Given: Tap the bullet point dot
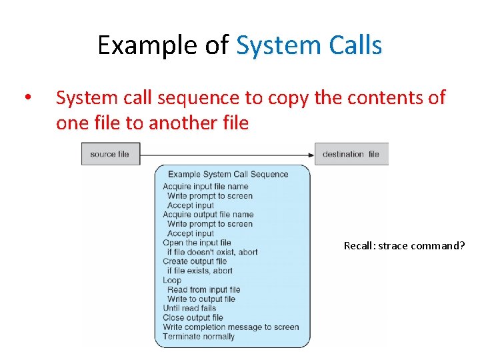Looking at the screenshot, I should tap(26, 98).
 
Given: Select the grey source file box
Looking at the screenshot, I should tap(110, 154).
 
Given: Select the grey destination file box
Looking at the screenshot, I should tap(351, 154).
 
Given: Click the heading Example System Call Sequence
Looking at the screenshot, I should tap(228, 175).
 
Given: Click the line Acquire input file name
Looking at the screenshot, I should tap(205, 187).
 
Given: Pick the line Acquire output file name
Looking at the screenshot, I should tap(208, 215).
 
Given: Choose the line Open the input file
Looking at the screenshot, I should tap(197, 243).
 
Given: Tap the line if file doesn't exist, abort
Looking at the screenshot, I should tap(212, 252).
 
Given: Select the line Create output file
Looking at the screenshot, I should tap(195, 261).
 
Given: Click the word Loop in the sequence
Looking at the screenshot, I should tap(172, 280).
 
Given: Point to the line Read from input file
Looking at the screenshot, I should tap(203, 289).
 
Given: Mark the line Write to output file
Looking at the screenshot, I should tap(203, 299).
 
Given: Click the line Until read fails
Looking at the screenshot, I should tap(189, 308).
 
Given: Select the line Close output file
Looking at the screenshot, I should tap(193, 317).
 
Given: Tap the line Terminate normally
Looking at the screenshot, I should tap(199, 336).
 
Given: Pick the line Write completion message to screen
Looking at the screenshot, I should tap(231, 327).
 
